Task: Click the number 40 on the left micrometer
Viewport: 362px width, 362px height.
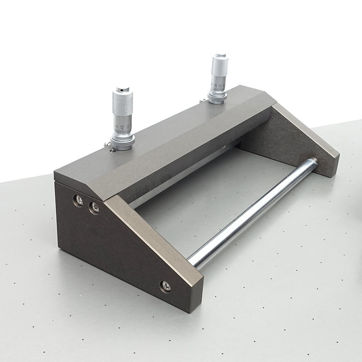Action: pyautogui.click(x=128, y=127)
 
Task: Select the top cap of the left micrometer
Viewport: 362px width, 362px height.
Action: pyautogui.click(x=123, y=89)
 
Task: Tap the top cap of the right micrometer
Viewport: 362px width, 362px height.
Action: pyautogui.click(x=220, y=56)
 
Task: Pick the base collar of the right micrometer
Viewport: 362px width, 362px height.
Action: pyautogui.click(x=218, y=97)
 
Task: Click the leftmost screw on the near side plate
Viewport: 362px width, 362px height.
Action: pyautogui.click(x=79, y=200)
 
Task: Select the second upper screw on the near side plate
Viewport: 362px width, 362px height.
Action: pyautogui.click(x=94, y=208)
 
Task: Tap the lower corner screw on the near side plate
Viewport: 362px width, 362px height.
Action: pyautogui.click(x=166, y=286)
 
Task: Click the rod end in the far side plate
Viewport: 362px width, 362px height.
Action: pyautogui.click(x=313, y=160)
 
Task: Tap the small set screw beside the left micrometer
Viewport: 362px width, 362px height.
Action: pyautogui.click(x=107, y=145)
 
